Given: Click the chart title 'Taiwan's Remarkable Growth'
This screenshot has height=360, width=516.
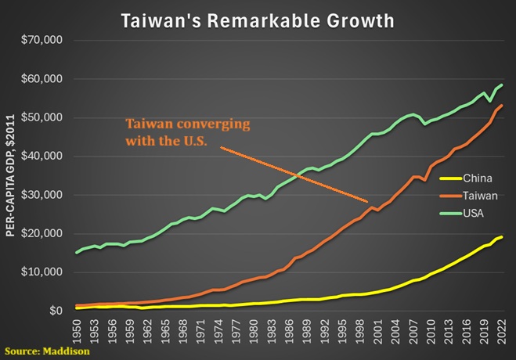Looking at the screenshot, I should pos(258,20).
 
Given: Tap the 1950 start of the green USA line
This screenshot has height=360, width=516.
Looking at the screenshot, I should pos(77,253).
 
